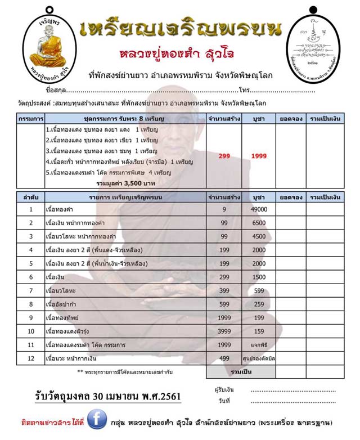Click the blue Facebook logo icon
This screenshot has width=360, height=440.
(x=97, y=420)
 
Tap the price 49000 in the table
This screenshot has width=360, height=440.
(x=259, y=210)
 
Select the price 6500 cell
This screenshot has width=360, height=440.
(x=259, y=223)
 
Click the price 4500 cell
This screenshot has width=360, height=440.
(x=259, y=236)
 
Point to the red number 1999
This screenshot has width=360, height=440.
(x=259, y=156)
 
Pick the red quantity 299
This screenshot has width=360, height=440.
(x=224, y=156)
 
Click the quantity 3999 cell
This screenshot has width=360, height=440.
(x=224, y=331)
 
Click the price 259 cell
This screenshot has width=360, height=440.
(x=259, y=304)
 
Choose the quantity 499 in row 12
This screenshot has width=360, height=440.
(x=224, y=358)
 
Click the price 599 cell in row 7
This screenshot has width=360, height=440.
(x=259, y=290)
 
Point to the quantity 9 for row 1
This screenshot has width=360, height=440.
(x=224, y=210)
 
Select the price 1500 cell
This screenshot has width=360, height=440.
(x=259, y=277)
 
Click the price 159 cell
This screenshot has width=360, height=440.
(x=259, y=331)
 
